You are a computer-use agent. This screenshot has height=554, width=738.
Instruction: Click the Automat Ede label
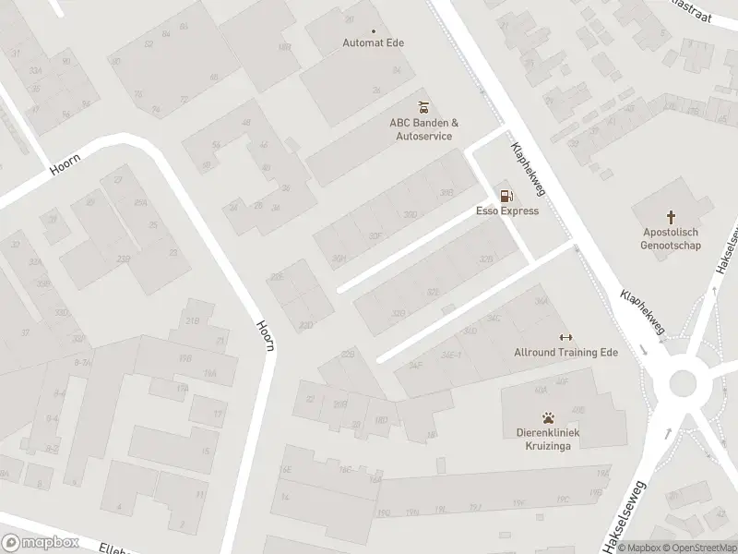(x=373, y=43)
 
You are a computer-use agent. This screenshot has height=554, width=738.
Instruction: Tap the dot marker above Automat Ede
(x=374, y=30)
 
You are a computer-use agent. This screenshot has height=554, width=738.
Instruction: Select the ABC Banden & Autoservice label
(x=423, y=129)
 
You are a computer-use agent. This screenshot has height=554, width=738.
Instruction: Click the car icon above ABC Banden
(x=423, y=105)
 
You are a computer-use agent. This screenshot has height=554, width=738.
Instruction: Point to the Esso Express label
(x=506, y=211)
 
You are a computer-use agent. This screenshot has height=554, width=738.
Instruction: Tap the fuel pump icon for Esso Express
(x=506, y=195)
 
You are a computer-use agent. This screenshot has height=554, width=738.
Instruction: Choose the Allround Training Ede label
(x=565, y=353)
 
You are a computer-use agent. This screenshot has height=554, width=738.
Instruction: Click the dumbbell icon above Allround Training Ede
(x=565, y=336)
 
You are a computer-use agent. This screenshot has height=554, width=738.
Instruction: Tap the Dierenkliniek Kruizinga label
(x=548, y=439)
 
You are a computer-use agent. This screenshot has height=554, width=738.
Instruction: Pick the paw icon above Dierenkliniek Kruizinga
(x=548, y=416)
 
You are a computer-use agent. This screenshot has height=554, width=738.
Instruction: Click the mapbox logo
(x=41, y=543)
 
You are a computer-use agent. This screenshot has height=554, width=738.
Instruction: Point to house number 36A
(x=541, y=302)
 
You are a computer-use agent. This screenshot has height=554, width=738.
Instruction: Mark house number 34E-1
(x=451, y=354)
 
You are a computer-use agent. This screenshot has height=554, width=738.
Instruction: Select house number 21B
(x=193, y=320)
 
